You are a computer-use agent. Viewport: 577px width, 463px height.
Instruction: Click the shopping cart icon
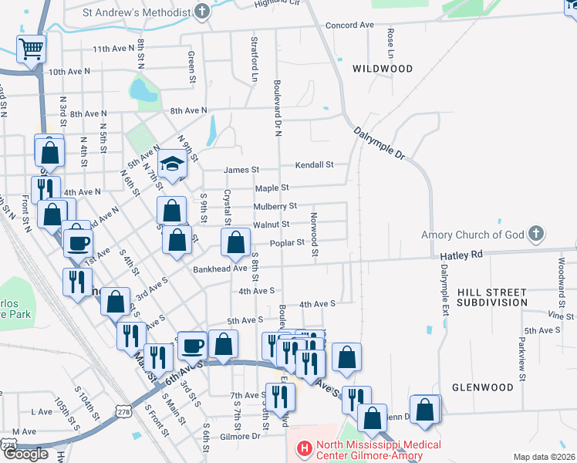31,49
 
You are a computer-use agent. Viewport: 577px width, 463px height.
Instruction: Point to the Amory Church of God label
472,235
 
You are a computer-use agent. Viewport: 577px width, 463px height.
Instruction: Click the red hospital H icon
303,448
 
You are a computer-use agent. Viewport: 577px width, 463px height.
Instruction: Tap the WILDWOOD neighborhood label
383,69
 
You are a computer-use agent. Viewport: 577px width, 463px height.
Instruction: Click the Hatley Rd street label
461,255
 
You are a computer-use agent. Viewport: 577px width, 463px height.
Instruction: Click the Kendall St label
315,164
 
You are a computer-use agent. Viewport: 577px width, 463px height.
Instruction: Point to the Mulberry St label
275,206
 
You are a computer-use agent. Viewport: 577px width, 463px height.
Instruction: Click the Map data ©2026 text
545,457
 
